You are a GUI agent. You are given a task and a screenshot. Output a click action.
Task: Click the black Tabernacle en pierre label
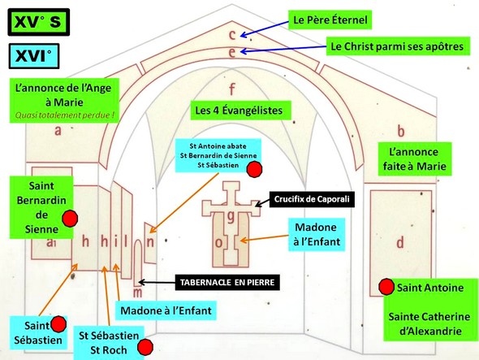pyautogui.click(x=229, y=284)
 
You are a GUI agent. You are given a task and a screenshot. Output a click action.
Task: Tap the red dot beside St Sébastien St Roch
pyautogui.click(x=146, y=348)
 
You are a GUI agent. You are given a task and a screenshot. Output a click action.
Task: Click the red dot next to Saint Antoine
pyautogui.click(x=386, y=287)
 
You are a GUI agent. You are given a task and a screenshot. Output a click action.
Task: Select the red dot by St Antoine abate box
pyautogui.click(x=254, y=169)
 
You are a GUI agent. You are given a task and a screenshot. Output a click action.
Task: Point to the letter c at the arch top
pyautogui.click(x=231, y=34)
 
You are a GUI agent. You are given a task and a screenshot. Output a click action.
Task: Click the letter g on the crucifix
pyautogui.click(x=231, y=216)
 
